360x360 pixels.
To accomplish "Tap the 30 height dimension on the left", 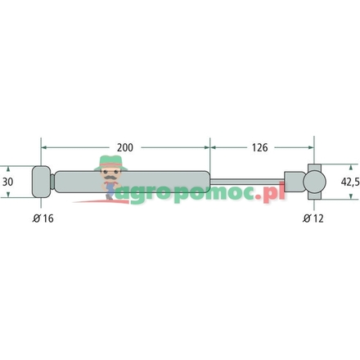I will point(8,181).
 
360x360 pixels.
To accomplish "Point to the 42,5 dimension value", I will point(349,181).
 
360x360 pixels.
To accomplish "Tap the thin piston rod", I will point(245,181).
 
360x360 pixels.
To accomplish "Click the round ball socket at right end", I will point(314,181).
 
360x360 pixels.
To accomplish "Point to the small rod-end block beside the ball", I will point(293,181).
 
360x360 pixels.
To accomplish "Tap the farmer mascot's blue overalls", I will point(110,190).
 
